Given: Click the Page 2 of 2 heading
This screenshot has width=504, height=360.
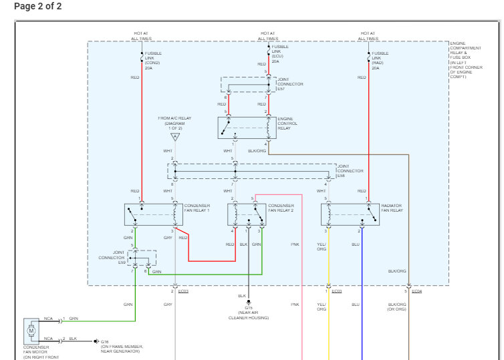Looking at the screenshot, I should [37, 7].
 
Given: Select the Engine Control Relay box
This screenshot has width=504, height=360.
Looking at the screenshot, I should [247, 128].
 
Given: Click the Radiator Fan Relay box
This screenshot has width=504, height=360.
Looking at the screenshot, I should [350, 214].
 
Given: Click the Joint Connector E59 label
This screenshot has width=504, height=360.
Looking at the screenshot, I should [112, 257].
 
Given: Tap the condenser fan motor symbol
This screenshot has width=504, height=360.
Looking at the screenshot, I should [31, 329].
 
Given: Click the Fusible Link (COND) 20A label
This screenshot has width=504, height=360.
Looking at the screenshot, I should [153, 59].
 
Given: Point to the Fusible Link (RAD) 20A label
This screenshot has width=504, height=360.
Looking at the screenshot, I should [380, 60].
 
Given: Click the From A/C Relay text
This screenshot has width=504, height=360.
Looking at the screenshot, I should [174, 124].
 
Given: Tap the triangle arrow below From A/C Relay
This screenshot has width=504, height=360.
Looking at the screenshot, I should [174, 137].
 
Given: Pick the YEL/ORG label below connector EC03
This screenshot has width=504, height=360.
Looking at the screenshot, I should [322, 307].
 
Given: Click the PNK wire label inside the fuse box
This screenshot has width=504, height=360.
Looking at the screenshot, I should [295, 244].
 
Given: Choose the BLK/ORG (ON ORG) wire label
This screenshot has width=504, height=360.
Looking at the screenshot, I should [397, 307].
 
